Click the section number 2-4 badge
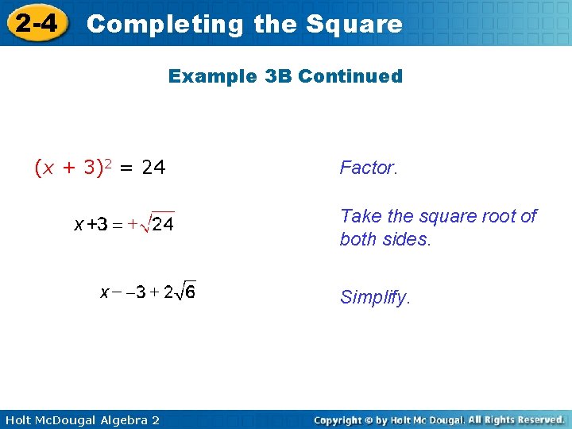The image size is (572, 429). pyautogui.click(x=36, y=23)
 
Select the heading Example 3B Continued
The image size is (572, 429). pyautogui.click(x=285, y=76)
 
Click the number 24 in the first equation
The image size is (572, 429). pyautogui.click(x=153, y=168)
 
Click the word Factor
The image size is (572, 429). pyautogui.click(x=367, y=168)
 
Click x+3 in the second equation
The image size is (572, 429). pyautogui.click(x=91, y=225)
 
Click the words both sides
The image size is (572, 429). pyautogui.click(x=385, y=240)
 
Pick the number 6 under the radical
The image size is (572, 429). pyautogui.click(x=190, y=292)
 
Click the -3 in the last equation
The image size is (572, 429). pyautogui.click(x=137, y=292)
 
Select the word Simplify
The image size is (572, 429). pyautogui.click(x=375, y=297)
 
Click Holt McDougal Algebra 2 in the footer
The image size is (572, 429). pyautogui.click(x=80, y=419)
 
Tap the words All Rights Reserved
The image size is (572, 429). pyautogui.click(x=516, y=419)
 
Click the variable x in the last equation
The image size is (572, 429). pyautogui.click(x=105, y=292)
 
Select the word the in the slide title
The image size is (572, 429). pyautogui.click(x=274, y=24)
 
